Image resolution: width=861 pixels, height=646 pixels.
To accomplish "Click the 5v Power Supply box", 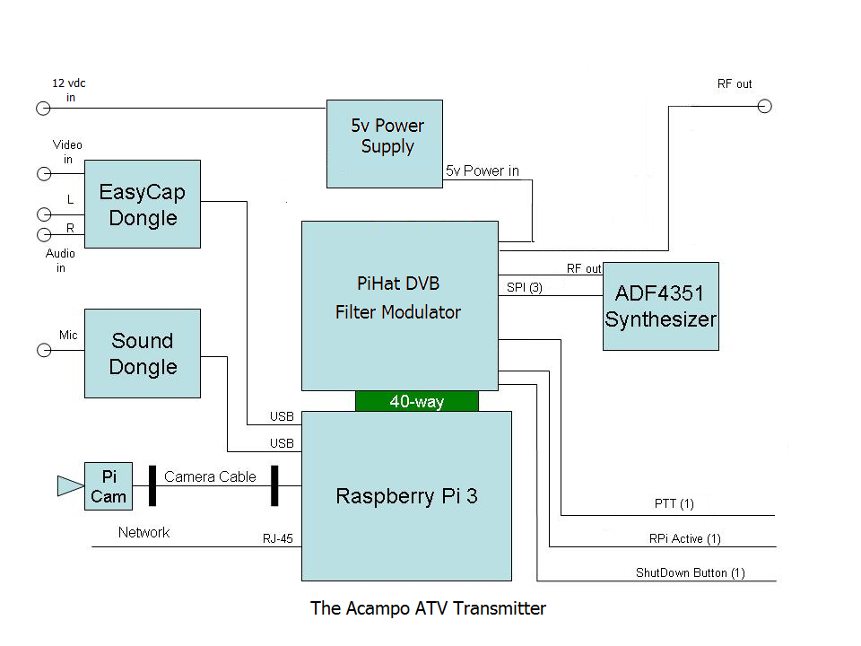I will click(384, 144).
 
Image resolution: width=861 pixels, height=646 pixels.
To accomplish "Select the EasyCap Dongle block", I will click(142, 204).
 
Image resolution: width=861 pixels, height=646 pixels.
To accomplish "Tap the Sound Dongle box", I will click(142, 354).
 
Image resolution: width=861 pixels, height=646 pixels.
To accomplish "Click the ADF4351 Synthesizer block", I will click(661, 306).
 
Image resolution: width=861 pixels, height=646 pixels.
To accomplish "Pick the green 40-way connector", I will click(417, 402).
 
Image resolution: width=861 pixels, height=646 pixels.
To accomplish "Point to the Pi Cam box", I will click(109, 486).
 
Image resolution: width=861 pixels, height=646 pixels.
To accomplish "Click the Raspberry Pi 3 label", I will click(406, 496).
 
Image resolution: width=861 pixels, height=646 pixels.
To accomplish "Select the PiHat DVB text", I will click(398, 283).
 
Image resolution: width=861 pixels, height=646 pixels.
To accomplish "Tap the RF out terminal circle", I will click(764, 107).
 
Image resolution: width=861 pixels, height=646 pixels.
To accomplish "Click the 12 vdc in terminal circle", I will click(42, 109).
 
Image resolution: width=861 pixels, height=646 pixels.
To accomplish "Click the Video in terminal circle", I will click(42, 173).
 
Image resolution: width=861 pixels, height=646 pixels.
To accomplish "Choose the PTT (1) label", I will click(674, 504).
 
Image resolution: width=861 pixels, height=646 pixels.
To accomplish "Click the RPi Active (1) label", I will click(685, 538).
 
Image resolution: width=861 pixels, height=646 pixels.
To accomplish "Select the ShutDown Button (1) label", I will click(690, 572).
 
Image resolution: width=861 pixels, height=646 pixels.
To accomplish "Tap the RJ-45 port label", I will click(276, 539).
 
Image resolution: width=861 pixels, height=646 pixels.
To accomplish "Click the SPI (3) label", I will click(525, 287).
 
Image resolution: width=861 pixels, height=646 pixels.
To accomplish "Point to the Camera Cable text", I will click(210, 476).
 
